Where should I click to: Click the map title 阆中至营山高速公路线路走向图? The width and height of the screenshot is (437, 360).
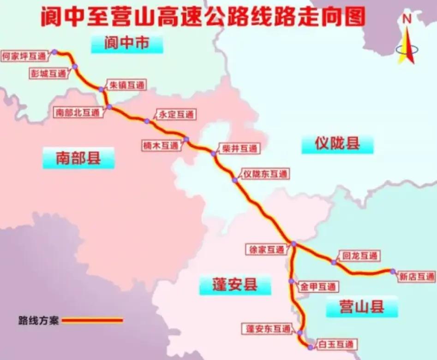point(203,17)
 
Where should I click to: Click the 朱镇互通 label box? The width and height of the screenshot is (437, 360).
point(126,85)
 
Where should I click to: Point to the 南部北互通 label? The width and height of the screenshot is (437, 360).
point(77,113)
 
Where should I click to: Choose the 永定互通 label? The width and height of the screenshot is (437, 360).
point(175,115)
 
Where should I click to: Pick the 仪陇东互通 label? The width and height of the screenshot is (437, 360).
point(266,174)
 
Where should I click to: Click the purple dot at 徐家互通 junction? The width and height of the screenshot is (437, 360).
point(293,244)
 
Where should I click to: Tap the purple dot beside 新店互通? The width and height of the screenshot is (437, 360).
point(393,271)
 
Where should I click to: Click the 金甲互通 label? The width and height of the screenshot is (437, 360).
point(318,286)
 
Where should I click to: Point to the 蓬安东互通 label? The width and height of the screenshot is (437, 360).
point(268,329)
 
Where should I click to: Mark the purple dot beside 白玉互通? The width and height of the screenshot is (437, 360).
point(310,347)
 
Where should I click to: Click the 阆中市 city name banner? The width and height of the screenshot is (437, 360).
point(127,43)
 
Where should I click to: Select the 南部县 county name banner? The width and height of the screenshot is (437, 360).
point(78,158)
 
